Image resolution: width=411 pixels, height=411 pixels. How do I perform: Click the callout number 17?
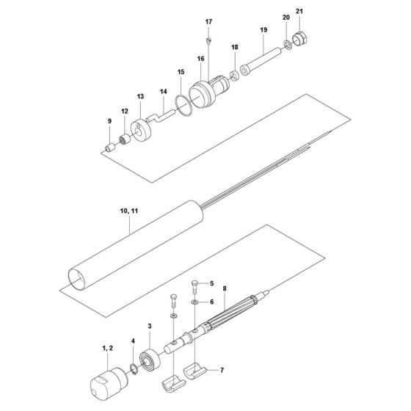208,22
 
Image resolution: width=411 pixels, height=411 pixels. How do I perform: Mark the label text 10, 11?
128,211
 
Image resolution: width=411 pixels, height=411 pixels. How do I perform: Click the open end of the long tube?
76,281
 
